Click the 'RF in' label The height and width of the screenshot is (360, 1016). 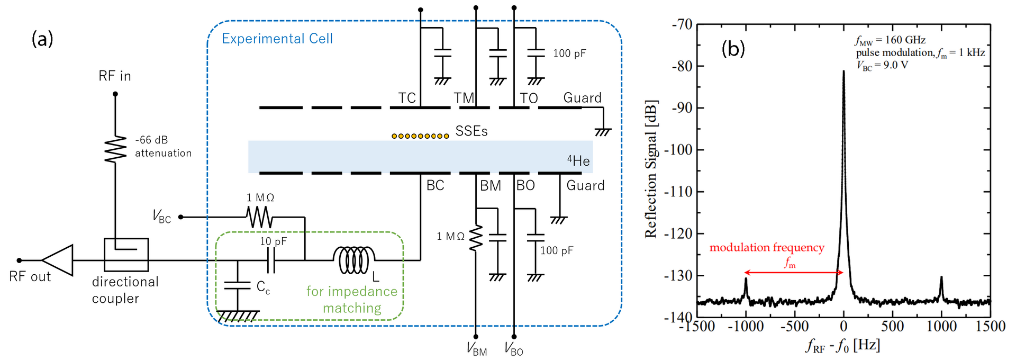[x=114, y=76]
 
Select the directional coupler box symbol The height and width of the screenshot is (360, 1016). [x=126, y=255]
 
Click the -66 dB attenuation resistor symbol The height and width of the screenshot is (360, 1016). [x=115, y=149]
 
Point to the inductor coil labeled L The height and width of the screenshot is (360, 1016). [x=354, y=260]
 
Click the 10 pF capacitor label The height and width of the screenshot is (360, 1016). [x=273, y=241]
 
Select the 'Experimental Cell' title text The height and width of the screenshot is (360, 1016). [x=277, y=39]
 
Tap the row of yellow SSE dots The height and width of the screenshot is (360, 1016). [x=420, y=136]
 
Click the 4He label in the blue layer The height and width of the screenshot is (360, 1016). [x=578, y=160]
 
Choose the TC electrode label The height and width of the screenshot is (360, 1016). [x=406, y=98]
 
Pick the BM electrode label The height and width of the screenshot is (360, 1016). [x=490, y=186]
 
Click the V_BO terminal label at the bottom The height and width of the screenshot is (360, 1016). [x=513, y=348]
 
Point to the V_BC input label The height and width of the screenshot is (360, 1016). [x=161, y=216]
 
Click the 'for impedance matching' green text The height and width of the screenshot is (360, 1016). [x=352, y=300]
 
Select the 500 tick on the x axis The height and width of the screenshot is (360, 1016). [x=892, y=326]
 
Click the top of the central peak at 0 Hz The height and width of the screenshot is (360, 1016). [x=843, y=71]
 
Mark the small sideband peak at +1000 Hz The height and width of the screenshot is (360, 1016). [x=941, y=278]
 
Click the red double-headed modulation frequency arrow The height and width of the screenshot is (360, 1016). [x=794, y=273]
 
